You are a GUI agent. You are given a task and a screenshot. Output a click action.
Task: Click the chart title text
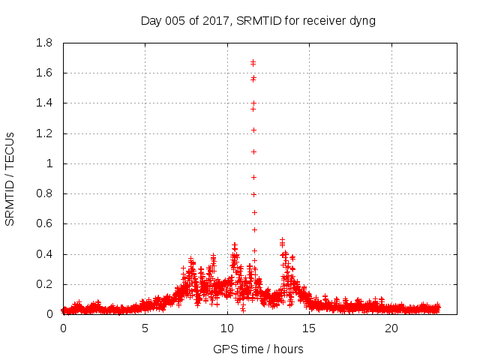click(x=258, y=20)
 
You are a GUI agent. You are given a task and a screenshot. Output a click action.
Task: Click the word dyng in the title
click(x=362, y=21)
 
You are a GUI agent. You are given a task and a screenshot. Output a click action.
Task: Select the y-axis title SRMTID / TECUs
click(x=10, y=178)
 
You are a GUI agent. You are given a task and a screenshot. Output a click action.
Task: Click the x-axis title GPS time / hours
click(x=258, y=349)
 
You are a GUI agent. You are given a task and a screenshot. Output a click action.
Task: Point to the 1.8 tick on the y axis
click(x=44, y=43)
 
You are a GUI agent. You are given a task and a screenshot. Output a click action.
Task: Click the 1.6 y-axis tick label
click(x=44, y=73)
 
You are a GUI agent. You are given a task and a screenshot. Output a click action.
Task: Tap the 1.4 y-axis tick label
click(x=44, y=103)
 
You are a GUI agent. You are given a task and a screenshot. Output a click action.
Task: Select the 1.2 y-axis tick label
click(x=44, y=133)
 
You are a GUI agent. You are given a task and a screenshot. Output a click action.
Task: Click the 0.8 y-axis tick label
click(x=44, y=193)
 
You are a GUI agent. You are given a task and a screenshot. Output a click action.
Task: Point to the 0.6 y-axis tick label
click(x=44, y=223)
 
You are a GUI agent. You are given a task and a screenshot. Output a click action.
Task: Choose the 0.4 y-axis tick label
click(x=44, y=254)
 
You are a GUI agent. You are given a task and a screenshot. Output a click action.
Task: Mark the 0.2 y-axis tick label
click(x=44, y=284)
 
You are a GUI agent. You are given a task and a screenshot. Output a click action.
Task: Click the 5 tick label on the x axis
click(x=145, y=328)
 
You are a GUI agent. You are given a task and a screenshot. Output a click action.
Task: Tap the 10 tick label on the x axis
click(x=227, y=328)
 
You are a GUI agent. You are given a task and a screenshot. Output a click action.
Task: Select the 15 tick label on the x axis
click(x=310, y=328)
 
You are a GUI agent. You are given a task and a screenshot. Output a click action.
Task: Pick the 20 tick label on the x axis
click(x=391, y=328)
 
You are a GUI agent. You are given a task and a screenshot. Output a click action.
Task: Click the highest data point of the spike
click(x=253, y=62)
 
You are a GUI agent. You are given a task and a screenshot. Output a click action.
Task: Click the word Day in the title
click(x=151, y=21)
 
